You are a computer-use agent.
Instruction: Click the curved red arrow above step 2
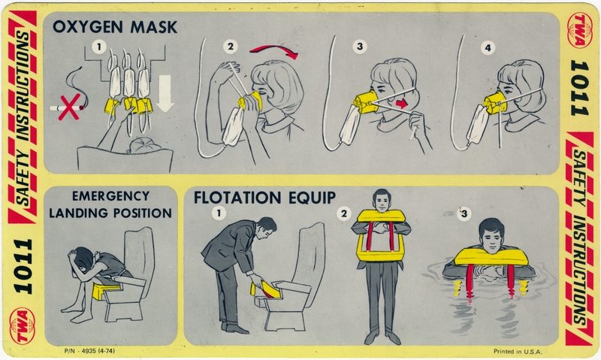click(274, 52)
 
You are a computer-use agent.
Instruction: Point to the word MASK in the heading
click(153, 27)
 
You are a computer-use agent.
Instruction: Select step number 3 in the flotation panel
click(464, 215)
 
